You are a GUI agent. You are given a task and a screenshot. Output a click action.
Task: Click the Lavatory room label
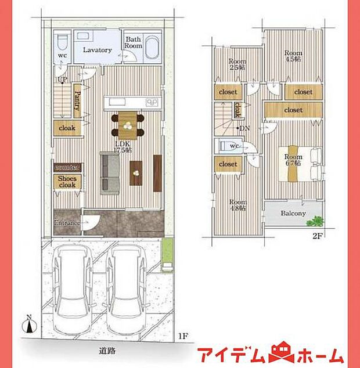click(97, 50)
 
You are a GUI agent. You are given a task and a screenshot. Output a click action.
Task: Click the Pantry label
click(77, 101)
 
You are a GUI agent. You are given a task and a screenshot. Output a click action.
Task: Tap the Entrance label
click(67, 223)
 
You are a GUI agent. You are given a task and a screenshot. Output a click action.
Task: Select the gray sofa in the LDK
click(110, 172)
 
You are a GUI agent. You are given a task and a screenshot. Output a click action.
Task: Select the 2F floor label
click(317, 236)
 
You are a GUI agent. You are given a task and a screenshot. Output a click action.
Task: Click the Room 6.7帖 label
click(293, 160)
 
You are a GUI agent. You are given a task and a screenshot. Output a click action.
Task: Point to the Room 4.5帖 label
click(293, 56)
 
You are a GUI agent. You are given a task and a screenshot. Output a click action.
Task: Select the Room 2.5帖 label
click(236, 64)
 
